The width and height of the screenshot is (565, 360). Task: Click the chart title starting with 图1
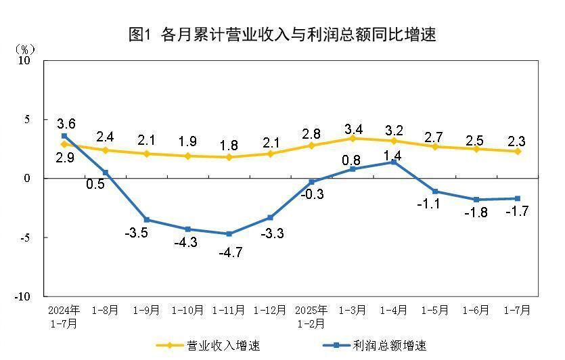[282, 35]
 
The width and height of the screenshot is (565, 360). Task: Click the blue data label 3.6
[66, 124]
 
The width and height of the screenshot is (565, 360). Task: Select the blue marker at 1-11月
[229, 234]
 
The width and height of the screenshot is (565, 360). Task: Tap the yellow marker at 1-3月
[353, 138]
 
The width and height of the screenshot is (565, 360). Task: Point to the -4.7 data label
[229, 253]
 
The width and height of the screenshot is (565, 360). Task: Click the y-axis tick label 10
[24, 60]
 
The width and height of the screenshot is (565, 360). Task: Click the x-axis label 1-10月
[187, 311]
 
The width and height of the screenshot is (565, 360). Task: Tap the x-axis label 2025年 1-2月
[311, 317]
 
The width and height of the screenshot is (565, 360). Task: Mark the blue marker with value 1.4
[394, 162]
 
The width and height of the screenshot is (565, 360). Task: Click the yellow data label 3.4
[353, 129]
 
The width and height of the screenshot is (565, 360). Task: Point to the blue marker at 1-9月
[146, 220]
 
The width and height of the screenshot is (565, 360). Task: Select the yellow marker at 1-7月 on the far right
[518, 151]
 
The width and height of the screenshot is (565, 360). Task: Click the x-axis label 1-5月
[435, 311]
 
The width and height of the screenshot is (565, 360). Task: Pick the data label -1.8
[476, 212]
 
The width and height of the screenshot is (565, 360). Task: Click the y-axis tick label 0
[28, 179]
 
